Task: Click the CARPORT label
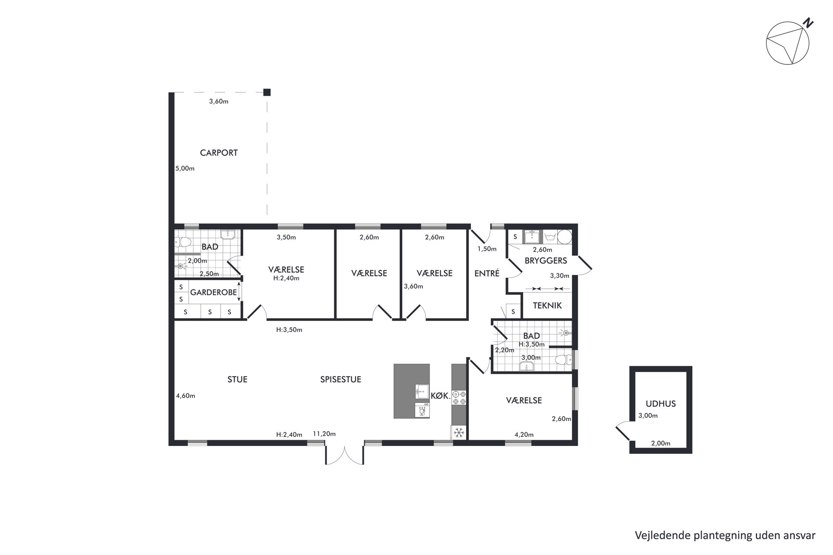[x=219, y=153]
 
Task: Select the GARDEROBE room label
[x=213, y=292]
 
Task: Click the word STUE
[x=237, y=379]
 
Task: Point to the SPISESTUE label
[x=341, y=379]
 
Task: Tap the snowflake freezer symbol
[x=459, y=432]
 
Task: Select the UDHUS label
[x=660, y=404]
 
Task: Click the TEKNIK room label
[x=547, y=305]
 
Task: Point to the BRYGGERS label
[x=546, y=261]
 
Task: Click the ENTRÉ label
[x=487, y=273]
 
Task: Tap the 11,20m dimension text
[x=324, y=434]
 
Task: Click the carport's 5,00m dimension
[x=185, y=169]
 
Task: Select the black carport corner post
[x=267, y=92]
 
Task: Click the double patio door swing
[x=344, y=455]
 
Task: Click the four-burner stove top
[x=459, y=398]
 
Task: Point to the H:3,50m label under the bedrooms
[x=289, y=330]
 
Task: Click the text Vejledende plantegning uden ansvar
[x=725, y=535]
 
